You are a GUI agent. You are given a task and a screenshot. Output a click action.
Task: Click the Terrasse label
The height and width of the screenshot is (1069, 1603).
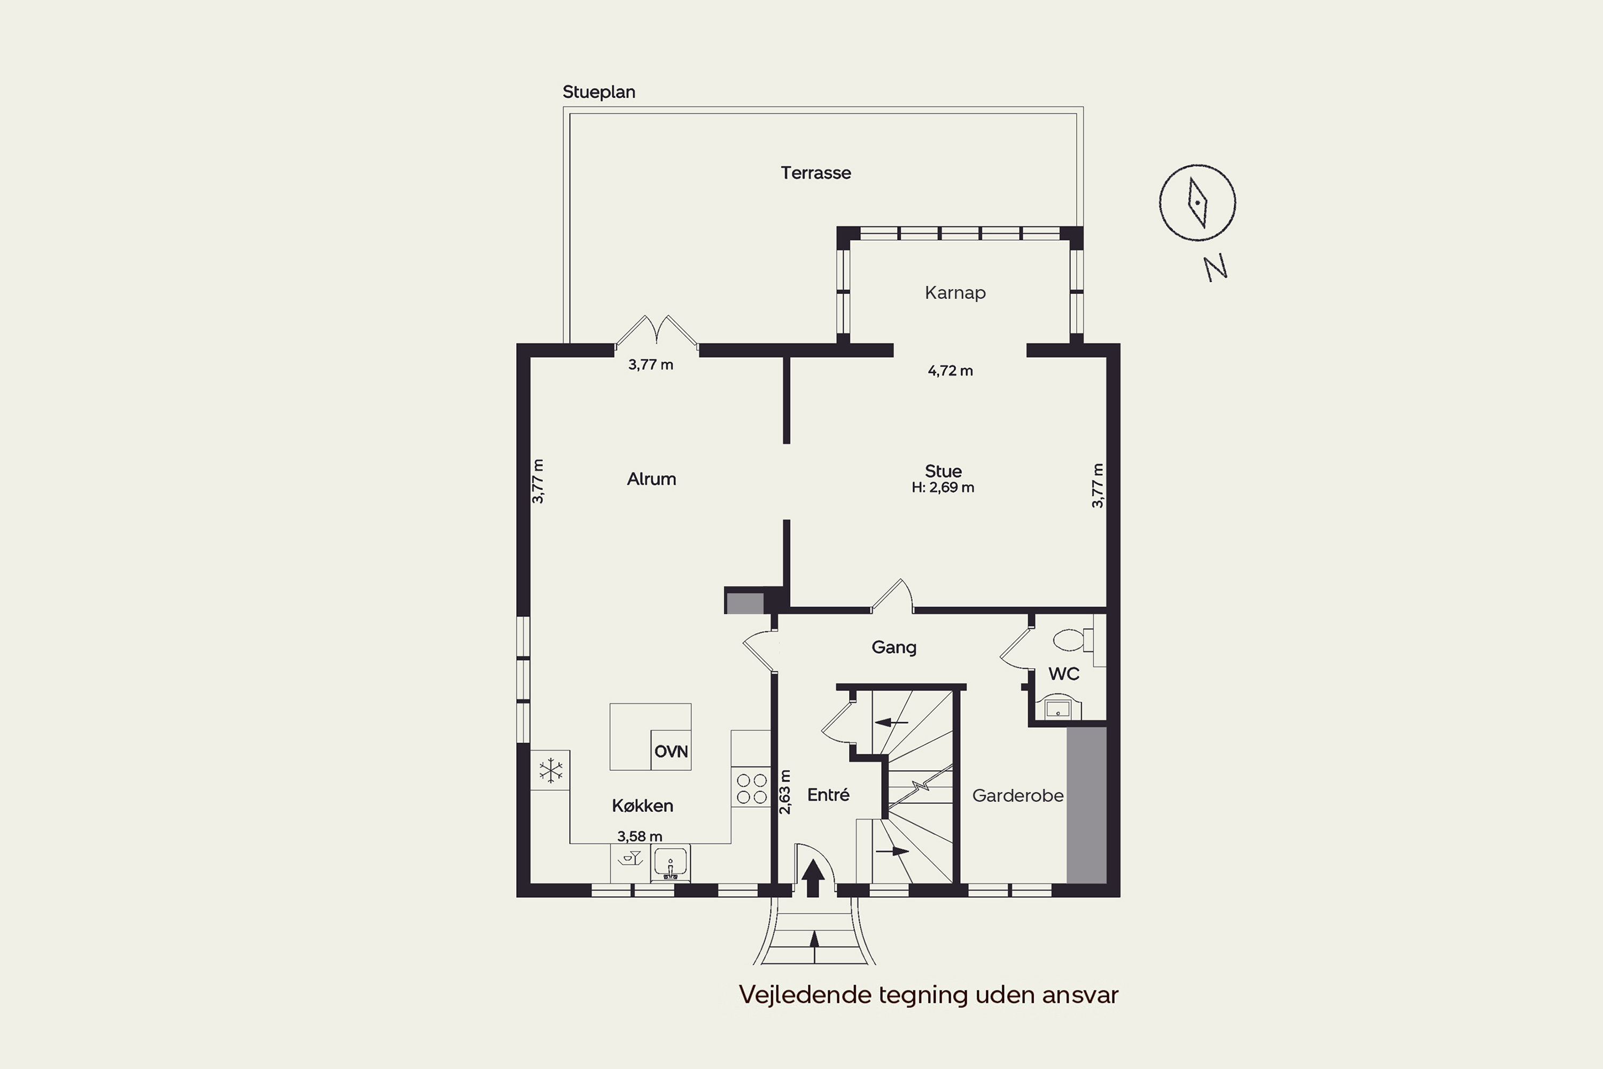tap(816, 173)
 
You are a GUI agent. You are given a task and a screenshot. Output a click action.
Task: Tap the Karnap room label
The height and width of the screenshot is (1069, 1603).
tap(955, 293)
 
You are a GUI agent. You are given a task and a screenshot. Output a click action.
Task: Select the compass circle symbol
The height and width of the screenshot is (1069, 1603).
tap(1197, 203)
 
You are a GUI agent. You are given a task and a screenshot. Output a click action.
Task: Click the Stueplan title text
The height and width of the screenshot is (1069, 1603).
tap(598, 92)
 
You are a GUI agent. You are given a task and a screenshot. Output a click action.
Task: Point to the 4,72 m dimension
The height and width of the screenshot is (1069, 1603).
tap(950, 371)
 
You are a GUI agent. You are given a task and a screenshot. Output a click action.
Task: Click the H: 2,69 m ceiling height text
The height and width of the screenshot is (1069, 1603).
tap(943, 487)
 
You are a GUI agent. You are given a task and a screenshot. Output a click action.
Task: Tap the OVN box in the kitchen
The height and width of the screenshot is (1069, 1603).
tap(671, 750)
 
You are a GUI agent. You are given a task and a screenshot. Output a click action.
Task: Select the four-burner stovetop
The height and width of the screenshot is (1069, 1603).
tap(751, 788)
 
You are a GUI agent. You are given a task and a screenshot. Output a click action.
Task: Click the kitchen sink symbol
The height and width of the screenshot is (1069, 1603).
tap(671, 863)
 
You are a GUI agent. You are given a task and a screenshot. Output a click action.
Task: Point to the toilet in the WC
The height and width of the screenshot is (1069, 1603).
tap(1073, 640)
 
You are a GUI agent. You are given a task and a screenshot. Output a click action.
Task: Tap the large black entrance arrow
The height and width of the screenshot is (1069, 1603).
tap(812, 878)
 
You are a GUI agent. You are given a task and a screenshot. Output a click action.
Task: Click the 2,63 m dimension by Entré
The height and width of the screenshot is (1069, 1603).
tap(784, 792)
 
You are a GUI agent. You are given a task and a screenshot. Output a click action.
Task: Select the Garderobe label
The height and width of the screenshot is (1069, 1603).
tap(1017, 796)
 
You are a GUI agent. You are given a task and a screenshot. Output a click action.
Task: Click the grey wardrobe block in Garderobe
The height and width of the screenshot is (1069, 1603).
tap(1086, 805)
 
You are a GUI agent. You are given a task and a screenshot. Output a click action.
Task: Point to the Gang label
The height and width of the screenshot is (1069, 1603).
tap(893, 647)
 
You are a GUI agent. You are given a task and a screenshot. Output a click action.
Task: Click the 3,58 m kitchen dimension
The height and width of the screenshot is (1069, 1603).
tap(639, 836)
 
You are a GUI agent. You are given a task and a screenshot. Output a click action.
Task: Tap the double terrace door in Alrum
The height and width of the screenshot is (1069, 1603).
tap(656, 332)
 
